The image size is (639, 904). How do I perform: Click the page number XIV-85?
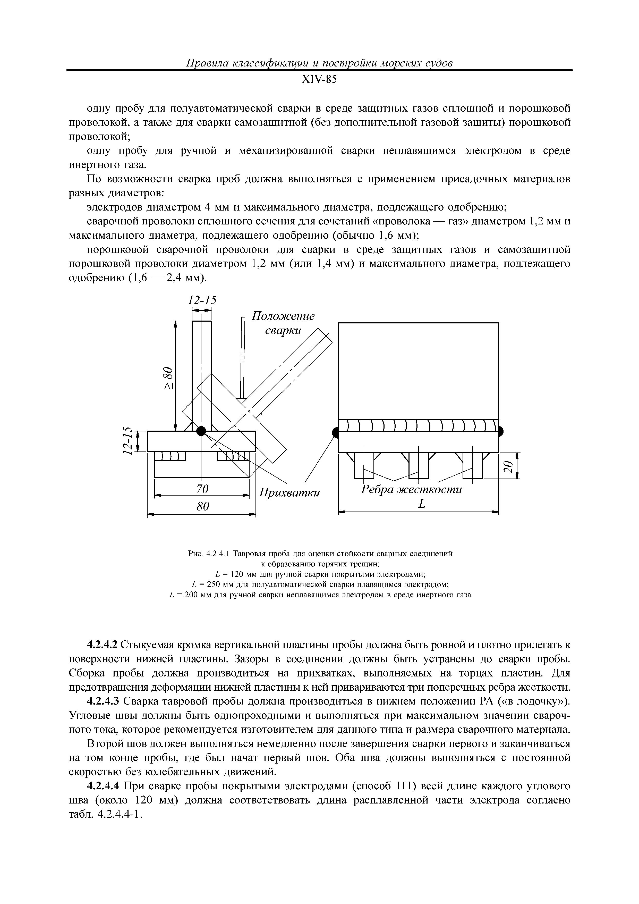[319, 80]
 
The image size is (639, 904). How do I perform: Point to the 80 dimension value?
[202, 507]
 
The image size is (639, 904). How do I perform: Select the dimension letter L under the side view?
[422, 504]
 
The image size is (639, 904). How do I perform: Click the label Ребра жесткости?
[411, 490]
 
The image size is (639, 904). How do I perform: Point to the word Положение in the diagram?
[283, 316]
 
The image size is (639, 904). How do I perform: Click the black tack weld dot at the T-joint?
[201, 431]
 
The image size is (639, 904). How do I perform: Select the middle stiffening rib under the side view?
[418, 466]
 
